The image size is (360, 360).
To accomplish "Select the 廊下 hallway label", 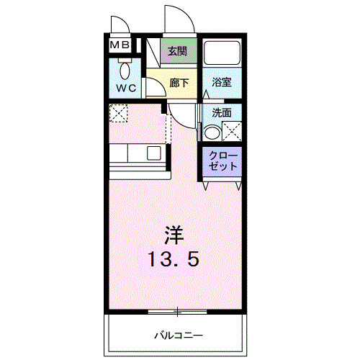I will click(x=179, y=83).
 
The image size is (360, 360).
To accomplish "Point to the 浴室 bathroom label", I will click(x=222, y=83).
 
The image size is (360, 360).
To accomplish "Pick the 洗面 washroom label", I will click(x=222, y=113).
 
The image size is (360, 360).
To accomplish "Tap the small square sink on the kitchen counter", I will click(x=154, y=153).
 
